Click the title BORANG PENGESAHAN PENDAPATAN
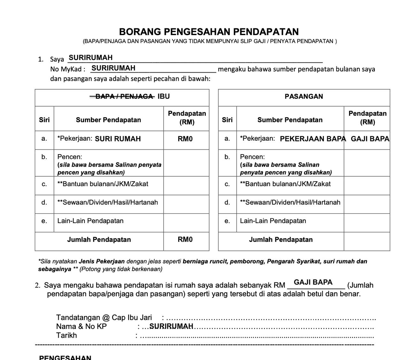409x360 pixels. click(x=209, y=32)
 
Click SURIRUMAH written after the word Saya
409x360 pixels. click(x=91, y=58)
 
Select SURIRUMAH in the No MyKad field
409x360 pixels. click(x=113, y=68)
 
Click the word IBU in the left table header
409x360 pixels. click(x=164, y=96)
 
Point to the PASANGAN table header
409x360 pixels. click(x=304, y=96)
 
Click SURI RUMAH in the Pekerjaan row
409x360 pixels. click(x=118, y=139)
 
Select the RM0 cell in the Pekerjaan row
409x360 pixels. click(x=185, y=139)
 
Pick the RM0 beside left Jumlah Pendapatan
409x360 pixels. click(x=185, y=240)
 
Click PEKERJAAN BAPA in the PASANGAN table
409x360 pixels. click(x=313, y=139)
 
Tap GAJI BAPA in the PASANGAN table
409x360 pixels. click(x=370, y=139)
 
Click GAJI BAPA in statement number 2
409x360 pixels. click(x=313, y=282)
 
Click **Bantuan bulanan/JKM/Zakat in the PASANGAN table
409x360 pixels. click(x=285, y=184)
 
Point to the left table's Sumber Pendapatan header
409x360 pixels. click(x=108, y=120)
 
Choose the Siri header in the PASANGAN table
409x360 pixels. click(x=227, y=120)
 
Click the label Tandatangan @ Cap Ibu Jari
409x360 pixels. click(x=104, y=318)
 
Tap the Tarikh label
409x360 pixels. click(x=66, y=335)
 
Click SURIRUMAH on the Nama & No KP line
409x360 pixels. click(x=171, y=326)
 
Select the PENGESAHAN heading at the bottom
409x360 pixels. click(x=65, y=357)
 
